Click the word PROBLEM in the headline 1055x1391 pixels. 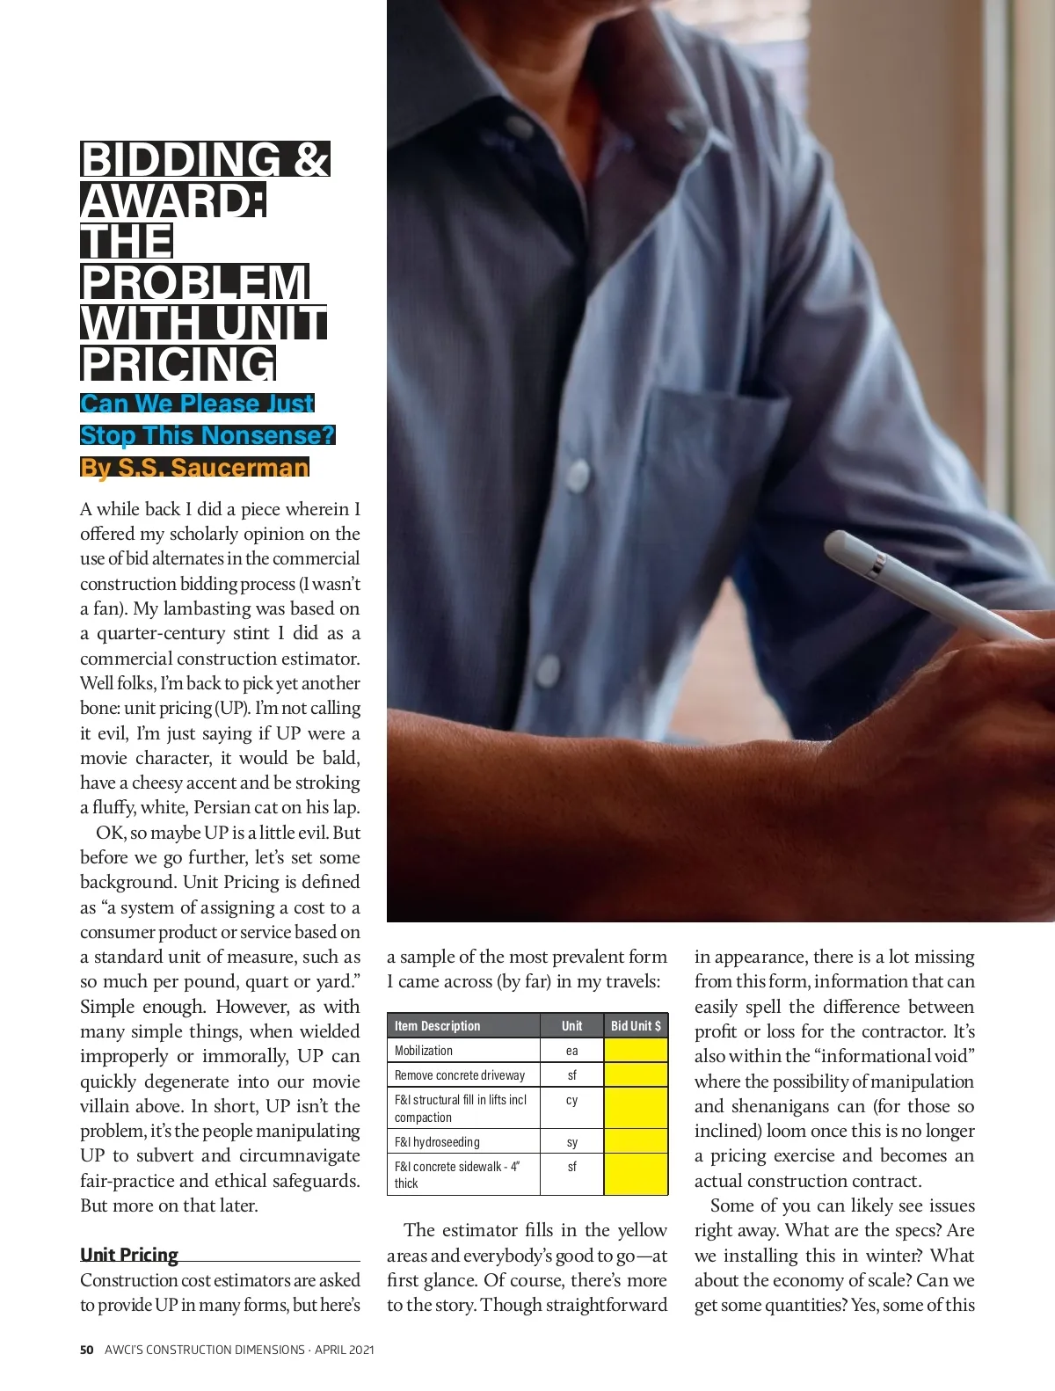[194, 283]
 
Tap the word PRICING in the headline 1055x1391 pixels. [178, 364]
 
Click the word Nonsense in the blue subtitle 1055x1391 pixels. [263, 435]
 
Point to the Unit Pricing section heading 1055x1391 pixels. [129, 1254]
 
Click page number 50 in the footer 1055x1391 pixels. [86, 1350]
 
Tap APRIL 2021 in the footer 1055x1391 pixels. [344, 1350]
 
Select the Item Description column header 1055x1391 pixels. [438, 1026]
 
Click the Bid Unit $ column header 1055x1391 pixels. [636, 1026]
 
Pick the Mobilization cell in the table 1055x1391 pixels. [424, 1051]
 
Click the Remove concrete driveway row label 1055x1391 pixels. [460, 1075]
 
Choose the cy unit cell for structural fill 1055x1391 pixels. [572, 1100]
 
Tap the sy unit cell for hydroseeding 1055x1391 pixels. [572, 1142]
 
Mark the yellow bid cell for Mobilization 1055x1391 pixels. [636, 1051]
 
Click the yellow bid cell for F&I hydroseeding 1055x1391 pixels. [636, 1142]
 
